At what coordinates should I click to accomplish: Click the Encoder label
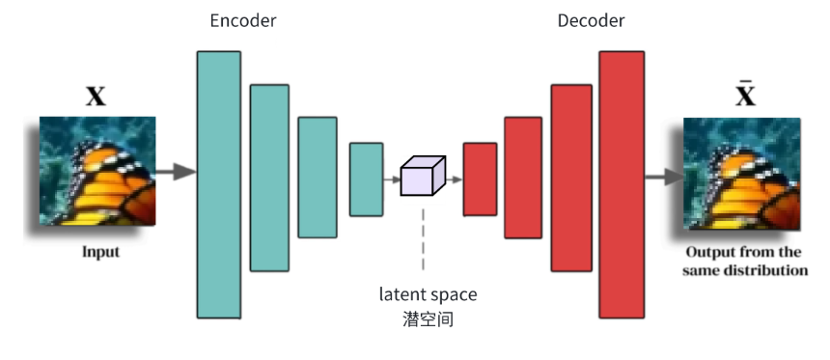(243, 20)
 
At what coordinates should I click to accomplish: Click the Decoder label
(591, 20)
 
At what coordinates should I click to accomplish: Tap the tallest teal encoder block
(219, 184)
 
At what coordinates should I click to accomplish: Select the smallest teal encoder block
(367, 180)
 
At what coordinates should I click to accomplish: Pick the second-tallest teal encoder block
(269, 178)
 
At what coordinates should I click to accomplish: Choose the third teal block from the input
(318, 178)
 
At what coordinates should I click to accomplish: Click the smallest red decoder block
(480, 180)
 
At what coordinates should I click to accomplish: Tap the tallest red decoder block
(622, 184)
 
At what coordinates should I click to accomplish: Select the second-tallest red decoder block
(571, 178)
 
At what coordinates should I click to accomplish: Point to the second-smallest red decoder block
(523, 178)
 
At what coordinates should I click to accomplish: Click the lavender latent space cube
(423, 176)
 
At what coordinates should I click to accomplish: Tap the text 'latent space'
(428, 294)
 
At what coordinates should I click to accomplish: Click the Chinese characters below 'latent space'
(428, 319)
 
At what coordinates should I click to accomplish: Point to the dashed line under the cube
(423, 238)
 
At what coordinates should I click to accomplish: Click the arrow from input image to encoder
(177, 172)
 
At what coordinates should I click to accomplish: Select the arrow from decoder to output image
(664, 177)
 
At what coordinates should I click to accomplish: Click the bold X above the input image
(96, 97)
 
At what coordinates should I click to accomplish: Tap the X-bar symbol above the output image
(745, 94)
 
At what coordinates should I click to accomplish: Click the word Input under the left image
(101, 252)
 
